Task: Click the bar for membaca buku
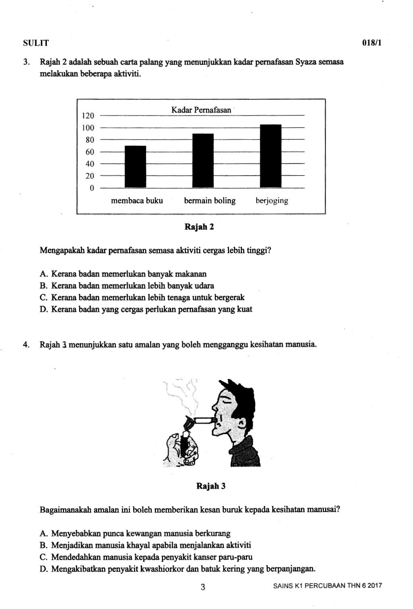click(x=136, y=167)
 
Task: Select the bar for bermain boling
click(x=203, y=161)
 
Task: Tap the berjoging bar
click(x=270, y=156)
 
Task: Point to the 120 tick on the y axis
click(x=88, y=116)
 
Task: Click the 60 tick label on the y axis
click(x=90, y=152)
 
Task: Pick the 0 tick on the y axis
click(x=92, y=188)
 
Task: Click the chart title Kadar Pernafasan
click(x=201, y=110)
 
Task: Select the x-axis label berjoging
click(x=272, y=201)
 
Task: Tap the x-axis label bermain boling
click(x=210, y=201)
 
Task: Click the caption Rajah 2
click(x=199, y=227)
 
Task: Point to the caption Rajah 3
click(x=211, y=486)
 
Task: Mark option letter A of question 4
click(x=44, y=533)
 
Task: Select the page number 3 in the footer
click(x=203, y=587)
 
